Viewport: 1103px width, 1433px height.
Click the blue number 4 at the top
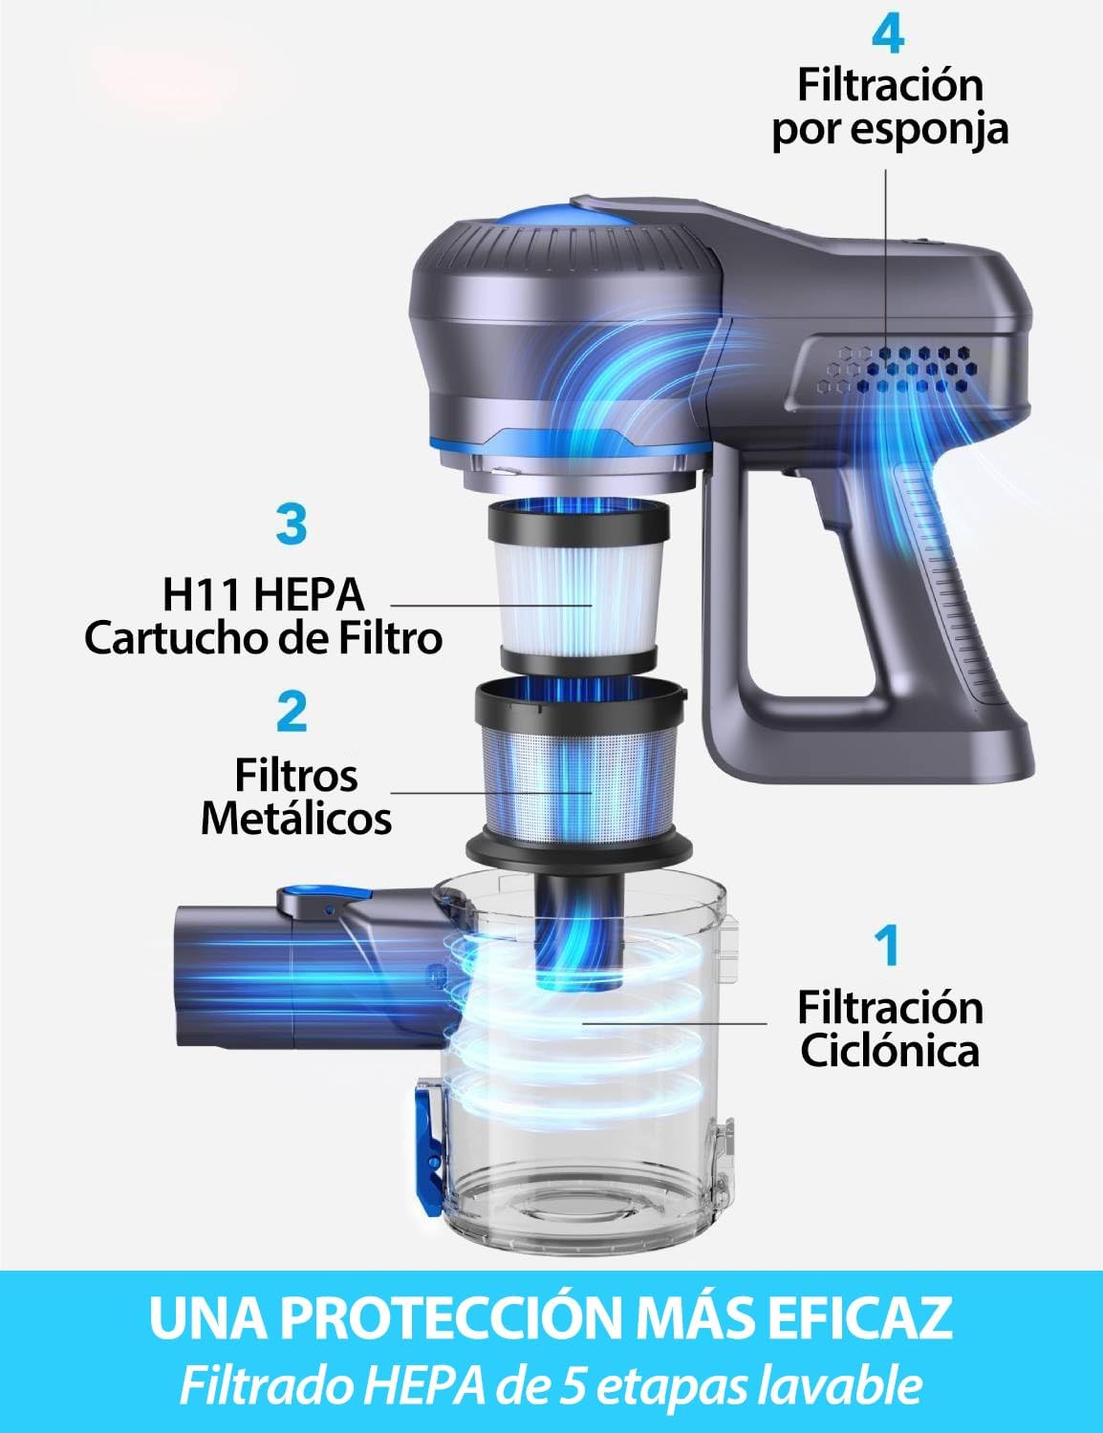[x=888, y=35]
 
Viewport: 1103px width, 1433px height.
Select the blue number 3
[x=291, y=526]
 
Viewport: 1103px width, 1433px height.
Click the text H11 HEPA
[x=263, y=594]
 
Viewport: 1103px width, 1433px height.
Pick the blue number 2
[x=292, y=713]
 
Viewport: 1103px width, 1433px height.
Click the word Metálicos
[x=296, y=819]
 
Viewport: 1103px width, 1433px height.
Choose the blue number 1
[x=889, y=945]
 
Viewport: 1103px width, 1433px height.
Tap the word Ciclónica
[x=890, y=1051]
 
